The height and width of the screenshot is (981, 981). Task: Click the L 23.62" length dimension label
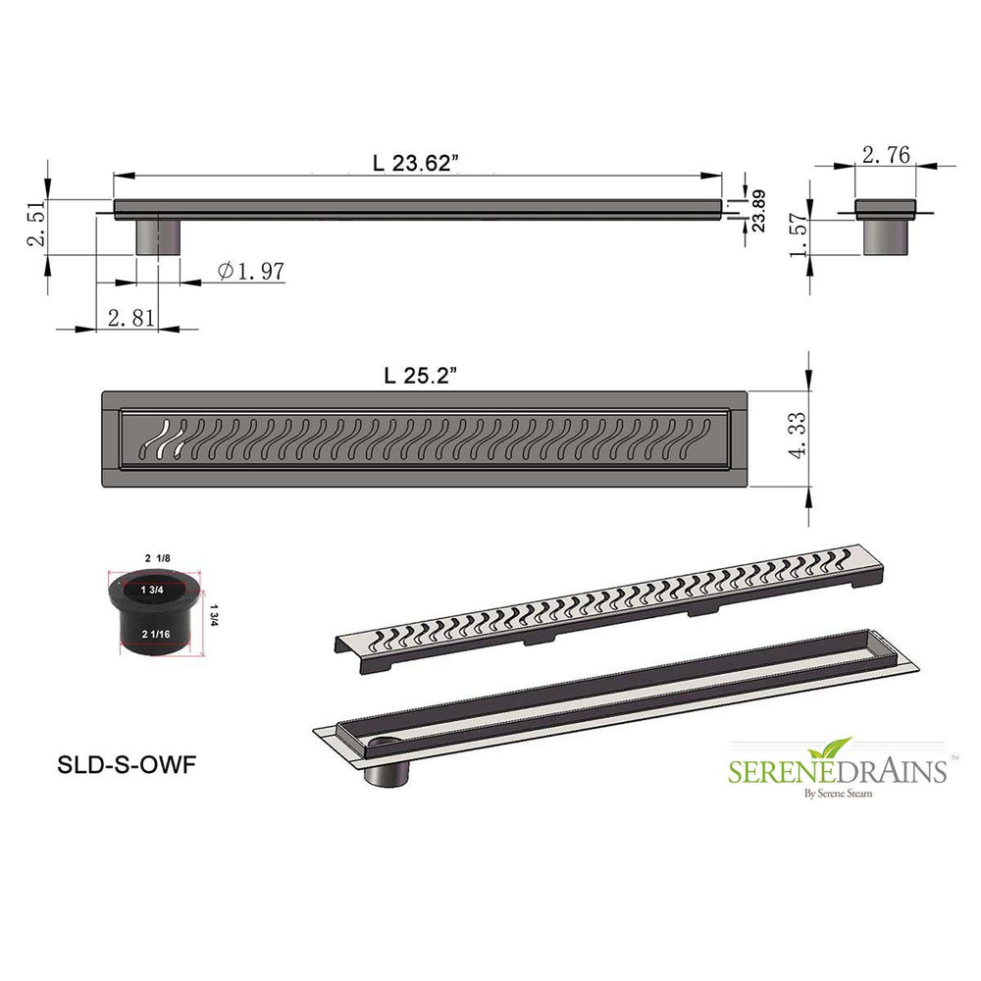click(415, 163)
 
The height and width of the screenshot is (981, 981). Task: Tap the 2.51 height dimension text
click(36, 223)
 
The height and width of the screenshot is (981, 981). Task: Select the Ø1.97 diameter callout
click(251, 271)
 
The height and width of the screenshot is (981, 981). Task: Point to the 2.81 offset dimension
click(130, 318)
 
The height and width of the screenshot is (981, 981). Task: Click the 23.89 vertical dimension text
click(758, 211)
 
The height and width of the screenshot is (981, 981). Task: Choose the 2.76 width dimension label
click(886, 155)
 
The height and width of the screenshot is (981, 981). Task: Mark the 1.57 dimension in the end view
click(799, 235)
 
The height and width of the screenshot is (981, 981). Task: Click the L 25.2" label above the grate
click(421, 376)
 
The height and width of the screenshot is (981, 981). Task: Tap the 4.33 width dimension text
click(797, 436)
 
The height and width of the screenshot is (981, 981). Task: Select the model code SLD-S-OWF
click(127, 764)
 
